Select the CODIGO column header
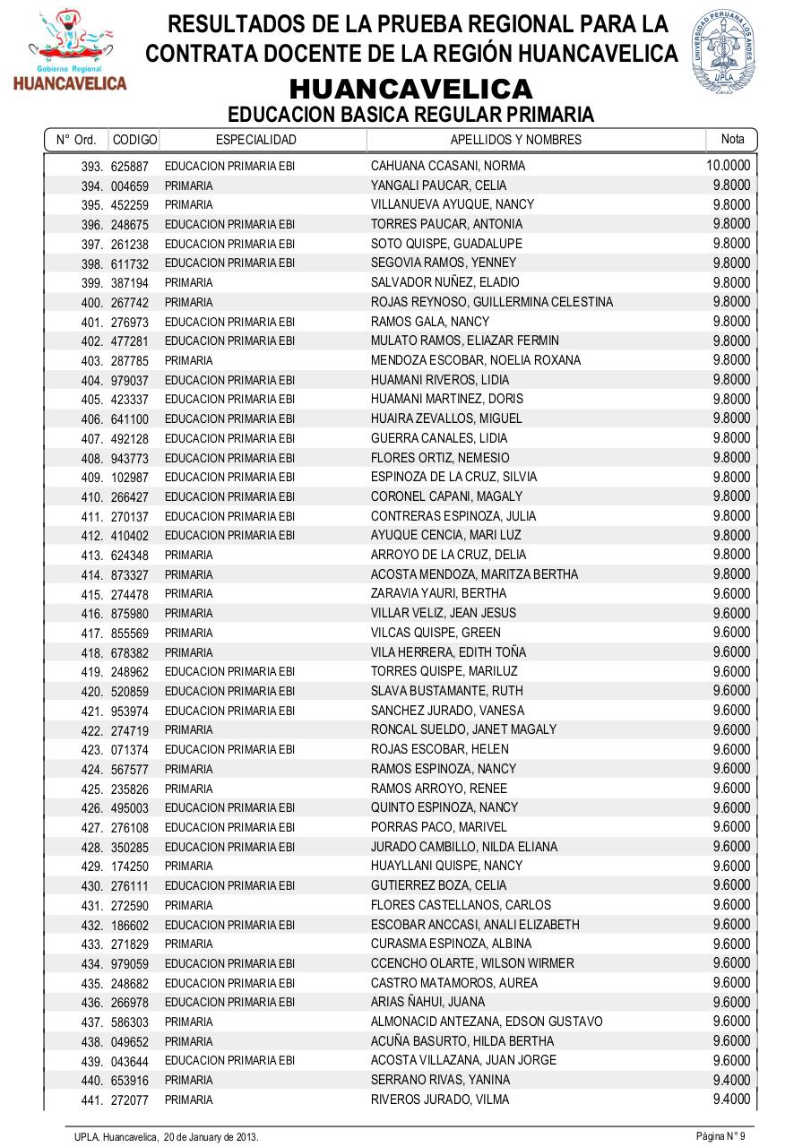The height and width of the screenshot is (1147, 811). coord(134,140)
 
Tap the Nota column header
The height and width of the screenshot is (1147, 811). coord(732,139)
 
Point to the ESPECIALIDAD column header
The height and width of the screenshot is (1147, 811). coord(256,140)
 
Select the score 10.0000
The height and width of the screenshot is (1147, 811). coord(728,166)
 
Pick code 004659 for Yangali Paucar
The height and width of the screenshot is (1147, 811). coord(130,186)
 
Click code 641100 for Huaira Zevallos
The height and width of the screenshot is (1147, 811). coord(130,419)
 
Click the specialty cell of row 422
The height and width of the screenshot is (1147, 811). coord(189,730)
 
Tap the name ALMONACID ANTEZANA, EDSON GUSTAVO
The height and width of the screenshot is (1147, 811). coord(487,1022)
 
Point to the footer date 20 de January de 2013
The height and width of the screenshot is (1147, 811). coord(211,1136)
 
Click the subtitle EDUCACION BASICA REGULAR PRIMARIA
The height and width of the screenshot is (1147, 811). coord(410,115)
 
